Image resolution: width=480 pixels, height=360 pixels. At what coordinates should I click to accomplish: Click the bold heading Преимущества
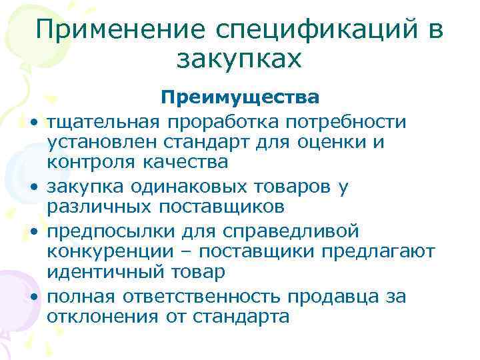(240, 98)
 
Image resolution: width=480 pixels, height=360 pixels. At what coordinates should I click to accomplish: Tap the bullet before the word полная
(33, 297)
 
